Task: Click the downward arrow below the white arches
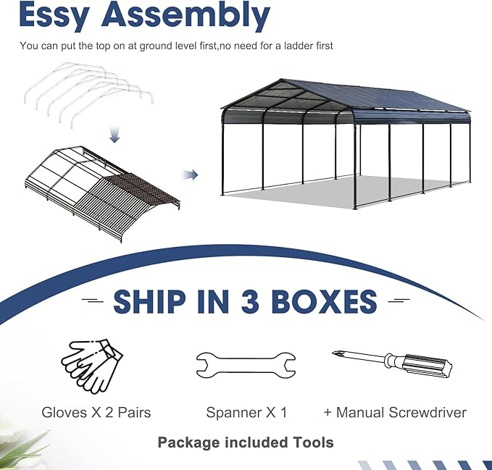point(114,135)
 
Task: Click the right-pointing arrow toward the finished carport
point(190,175)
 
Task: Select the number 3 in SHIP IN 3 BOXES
point(250,301)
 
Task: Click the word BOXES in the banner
point(323,301)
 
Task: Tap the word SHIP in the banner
point(149,301)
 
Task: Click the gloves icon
point(91,366)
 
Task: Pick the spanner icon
point(246,366)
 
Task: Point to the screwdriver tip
point(334,353)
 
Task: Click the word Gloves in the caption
point(65,412)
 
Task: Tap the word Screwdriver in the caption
point(427,412)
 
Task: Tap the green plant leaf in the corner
point(19,445)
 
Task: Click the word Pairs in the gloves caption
point(134,412)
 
